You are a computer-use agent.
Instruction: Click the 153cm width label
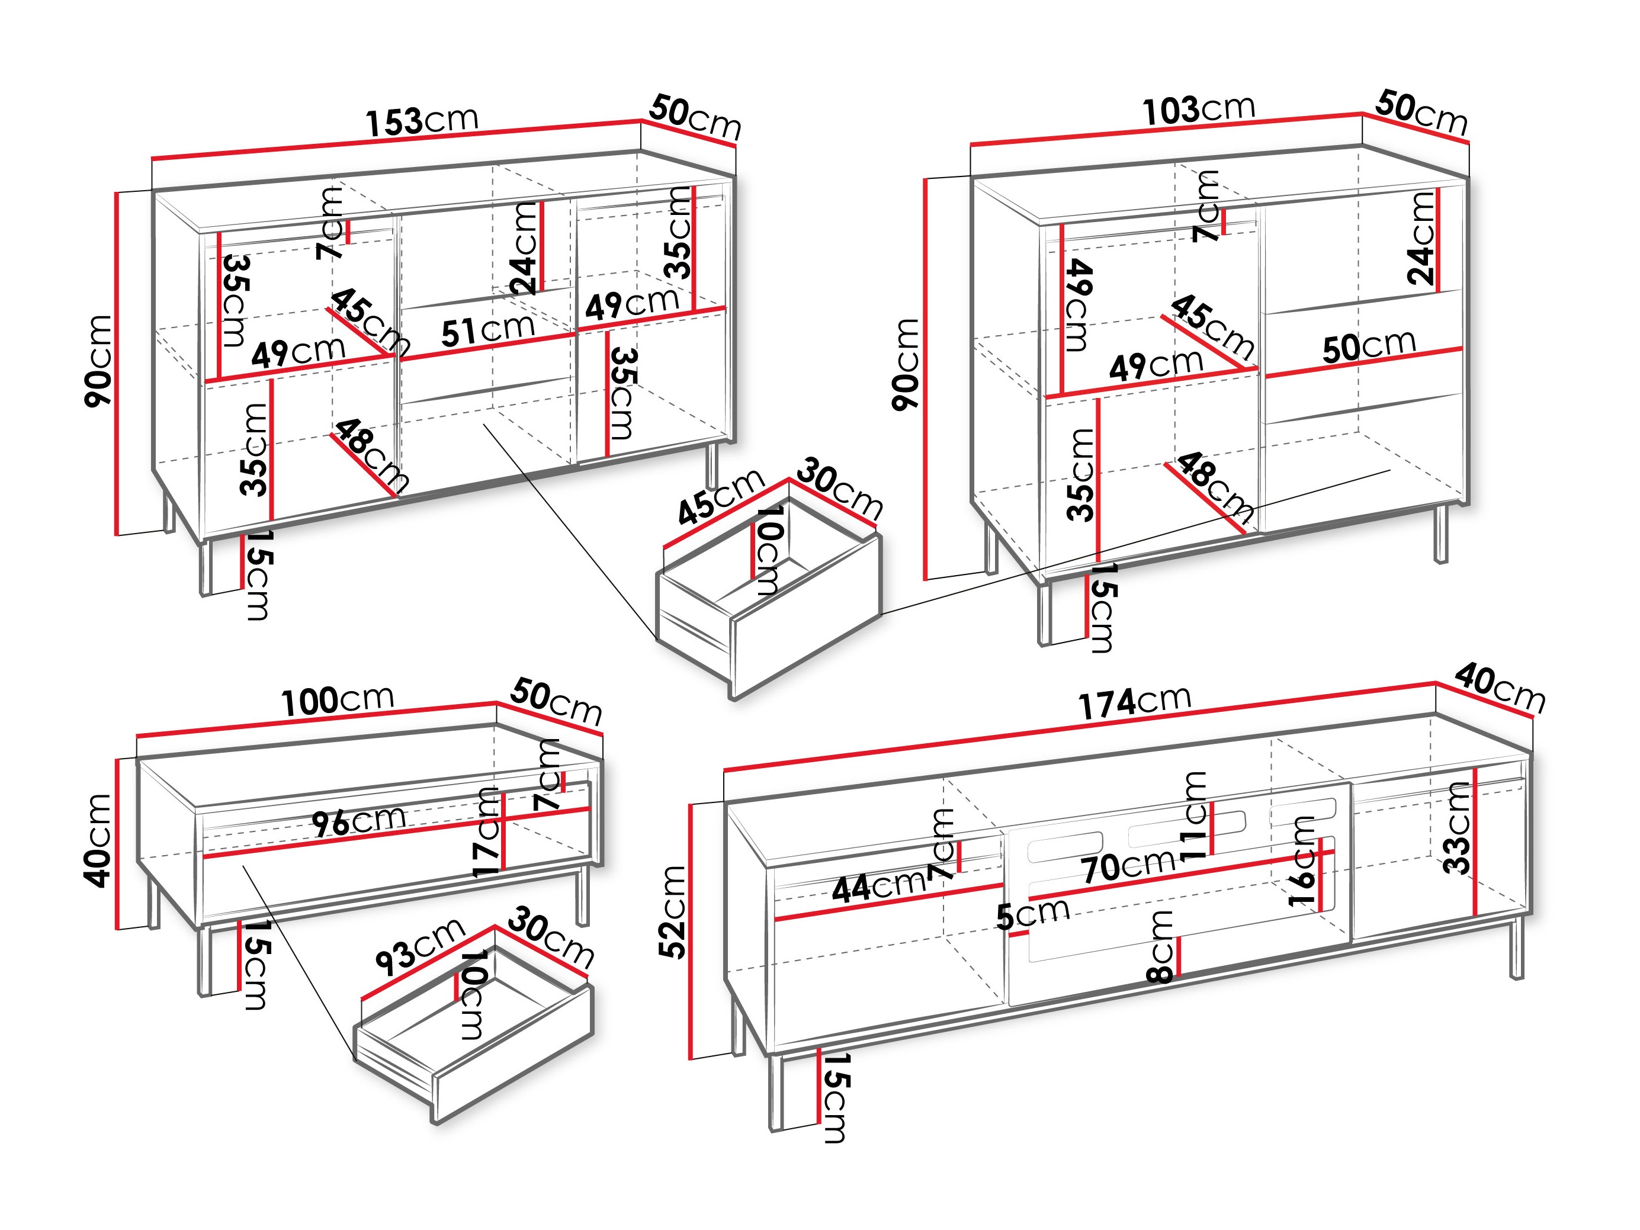tap(422, 121)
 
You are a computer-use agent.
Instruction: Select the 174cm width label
tap(1134, 702)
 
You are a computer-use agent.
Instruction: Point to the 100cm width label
tap(338, 701)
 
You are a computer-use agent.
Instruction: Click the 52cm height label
tap(674, 912)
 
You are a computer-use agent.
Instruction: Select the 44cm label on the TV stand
tap(878, 887)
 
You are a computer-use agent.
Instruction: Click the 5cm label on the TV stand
tap(1032, 914)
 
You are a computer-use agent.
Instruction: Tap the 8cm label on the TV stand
tap(1161, 947)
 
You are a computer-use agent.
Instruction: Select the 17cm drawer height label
tap(487, 832)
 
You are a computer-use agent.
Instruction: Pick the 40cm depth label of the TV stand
tap(1499, 689)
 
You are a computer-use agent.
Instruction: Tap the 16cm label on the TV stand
tap(1302, 861)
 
